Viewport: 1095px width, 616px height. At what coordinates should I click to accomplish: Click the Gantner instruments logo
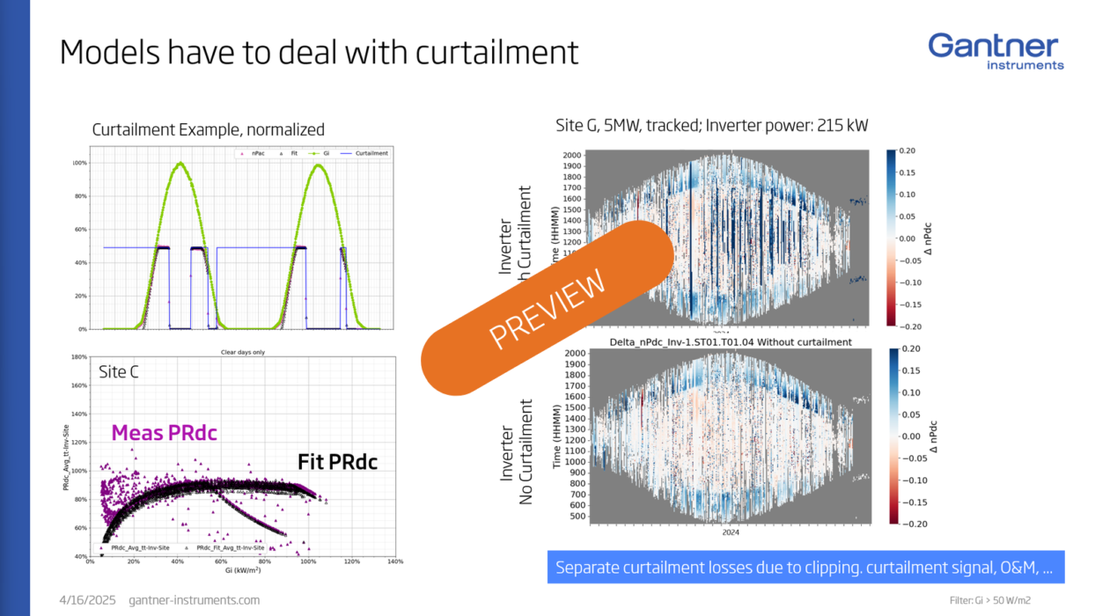pos(996,51)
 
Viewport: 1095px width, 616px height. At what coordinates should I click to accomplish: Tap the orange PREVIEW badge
pos(547,306)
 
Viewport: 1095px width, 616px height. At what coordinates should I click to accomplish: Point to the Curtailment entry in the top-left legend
pos(373,153)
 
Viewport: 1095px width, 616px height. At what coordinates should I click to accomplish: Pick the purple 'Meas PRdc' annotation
pos(164,433)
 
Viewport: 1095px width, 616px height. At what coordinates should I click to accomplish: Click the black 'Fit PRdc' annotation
pos(337,461)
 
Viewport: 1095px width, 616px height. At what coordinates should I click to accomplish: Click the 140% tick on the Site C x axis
pos(394,562)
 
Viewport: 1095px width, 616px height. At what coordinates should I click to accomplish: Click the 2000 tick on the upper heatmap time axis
pos(573,156)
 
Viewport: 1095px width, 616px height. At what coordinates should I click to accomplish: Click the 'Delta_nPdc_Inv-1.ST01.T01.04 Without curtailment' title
pos(730,341)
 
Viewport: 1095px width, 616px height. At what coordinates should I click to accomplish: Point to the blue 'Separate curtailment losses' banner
pos(805,568)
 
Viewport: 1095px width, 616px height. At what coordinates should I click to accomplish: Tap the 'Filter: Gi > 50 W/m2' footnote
pos(990,601)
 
